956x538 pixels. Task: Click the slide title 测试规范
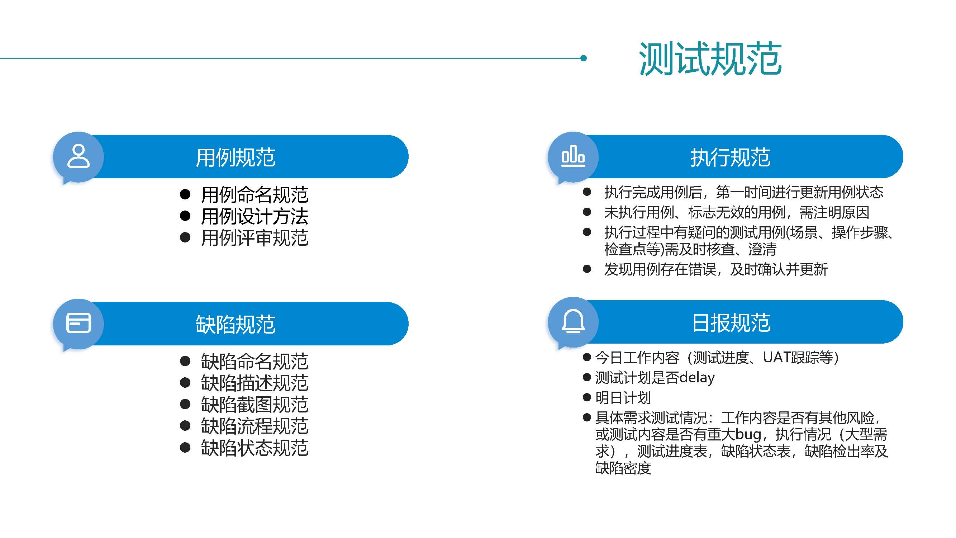tap(710, 59)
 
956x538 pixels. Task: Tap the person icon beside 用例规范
tap(78, 156)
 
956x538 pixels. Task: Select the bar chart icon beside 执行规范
tap(573, 156)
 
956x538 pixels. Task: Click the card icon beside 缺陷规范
tap(78, 323)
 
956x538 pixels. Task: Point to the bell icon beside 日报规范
tap(573, 321)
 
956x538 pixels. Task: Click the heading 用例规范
tap(236, 157)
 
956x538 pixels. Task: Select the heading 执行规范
tap(731, 157)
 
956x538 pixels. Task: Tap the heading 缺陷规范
tap(236, 325)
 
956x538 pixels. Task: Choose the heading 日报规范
tap(731, 323)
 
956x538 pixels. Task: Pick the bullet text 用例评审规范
tap(255, 238)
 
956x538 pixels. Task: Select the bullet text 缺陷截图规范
tap(255, 404)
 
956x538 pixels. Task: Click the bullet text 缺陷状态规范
tap(255, 448)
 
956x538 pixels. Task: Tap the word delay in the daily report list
tap(697, 378)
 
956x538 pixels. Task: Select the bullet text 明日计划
tap(623, 398)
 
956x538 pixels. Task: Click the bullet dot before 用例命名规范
tap(185, 194)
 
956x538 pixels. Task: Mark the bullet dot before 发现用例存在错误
tap(587, 269)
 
